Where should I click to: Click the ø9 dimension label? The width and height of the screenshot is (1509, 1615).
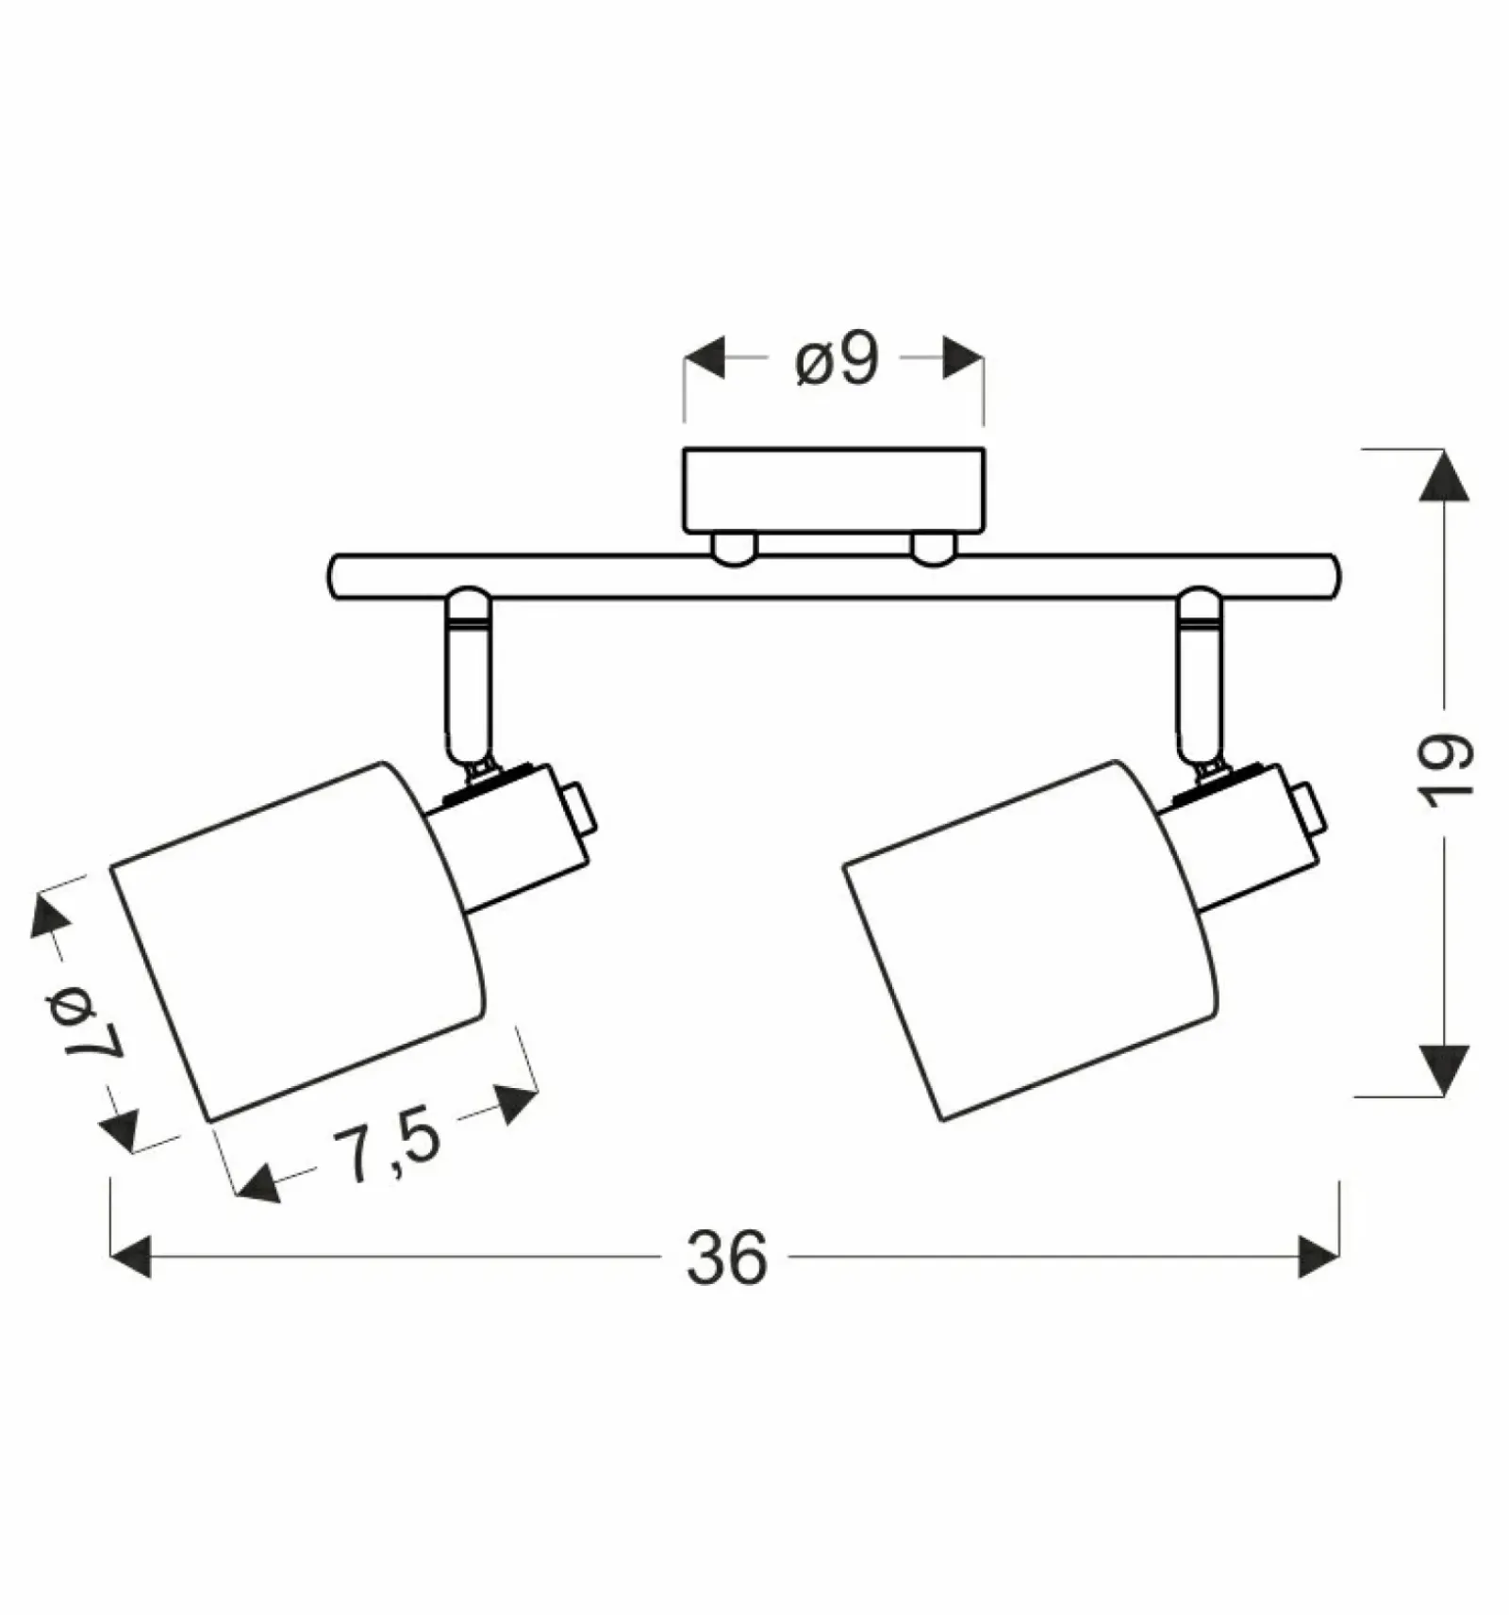(837, 359)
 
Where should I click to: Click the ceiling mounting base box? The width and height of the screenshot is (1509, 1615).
(835, 490)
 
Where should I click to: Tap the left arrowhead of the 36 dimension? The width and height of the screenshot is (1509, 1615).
(130, 1257)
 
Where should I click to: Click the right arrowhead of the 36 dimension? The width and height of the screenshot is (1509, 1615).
(1319, 1257)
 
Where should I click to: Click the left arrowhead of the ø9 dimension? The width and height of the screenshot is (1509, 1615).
(705, 358)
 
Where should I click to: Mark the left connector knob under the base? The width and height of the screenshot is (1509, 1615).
(735, 550)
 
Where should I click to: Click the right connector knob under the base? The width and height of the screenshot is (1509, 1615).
(934, 550)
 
